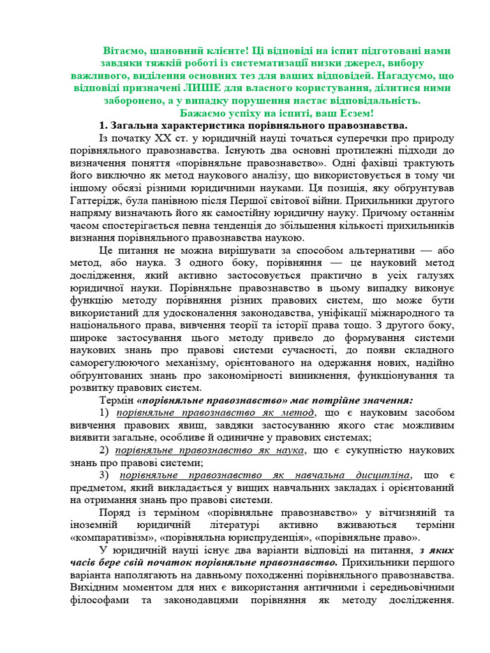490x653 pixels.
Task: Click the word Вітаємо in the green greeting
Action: point(126,50)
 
